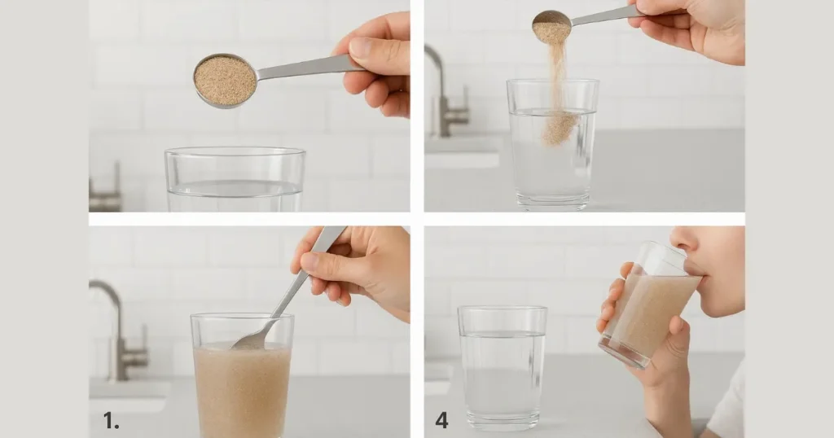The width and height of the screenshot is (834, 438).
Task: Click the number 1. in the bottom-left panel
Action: coord(111,421)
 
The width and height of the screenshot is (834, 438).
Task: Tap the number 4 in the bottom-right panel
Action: coord(441,420)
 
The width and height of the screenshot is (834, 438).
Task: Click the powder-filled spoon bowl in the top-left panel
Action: coord(225,81)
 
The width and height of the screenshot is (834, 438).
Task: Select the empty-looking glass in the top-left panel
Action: coord(235,179)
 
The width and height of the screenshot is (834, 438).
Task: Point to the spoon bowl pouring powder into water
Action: coord(551,26)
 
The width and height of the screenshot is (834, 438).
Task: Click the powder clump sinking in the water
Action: coord(559,128)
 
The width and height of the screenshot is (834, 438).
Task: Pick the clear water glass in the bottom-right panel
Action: coord(503,368)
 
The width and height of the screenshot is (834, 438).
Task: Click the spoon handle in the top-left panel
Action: coord(309,68)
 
